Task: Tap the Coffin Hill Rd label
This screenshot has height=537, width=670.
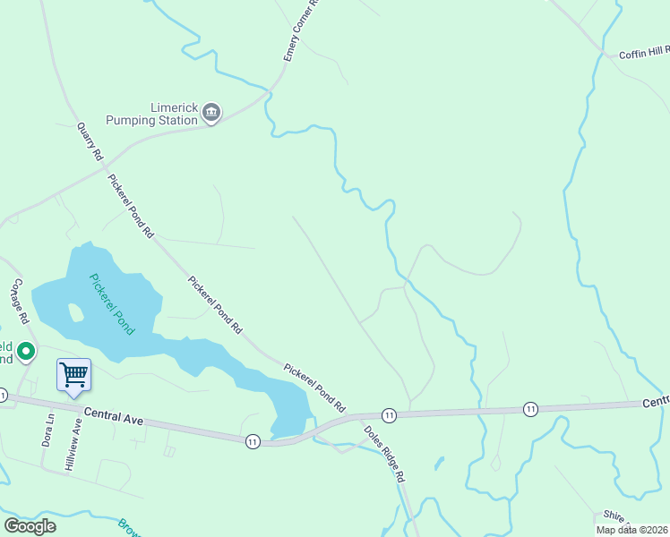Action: click(644, 54)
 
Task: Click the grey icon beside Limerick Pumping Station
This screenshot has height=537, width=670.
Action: click(211, 112)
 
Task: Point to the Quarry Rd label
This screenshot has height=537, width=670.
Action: click(90, 141)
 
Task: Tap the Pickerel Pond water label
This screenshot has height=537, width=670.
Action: click(112, 303)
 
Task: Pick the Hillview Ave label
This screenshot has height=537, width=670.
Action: click(73, 443)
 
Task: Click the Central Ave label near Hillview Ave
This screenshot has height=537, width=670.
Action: click(114, 416)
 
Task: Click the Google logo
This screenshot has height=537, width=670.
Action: click(30, 526)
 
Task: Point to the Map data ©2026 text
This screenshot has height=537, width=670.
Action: click(632, 530)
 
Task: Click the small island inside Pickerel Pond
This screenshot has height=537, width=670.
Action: click(76, 312)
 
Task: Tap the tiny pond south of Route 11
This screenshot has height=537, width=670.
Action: click(439, 464)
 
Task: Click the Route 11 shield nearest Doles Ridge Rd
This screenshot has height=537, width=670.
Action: click(389, 415)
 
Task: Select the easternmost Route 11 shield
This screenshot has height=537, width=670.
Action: click(530, 409)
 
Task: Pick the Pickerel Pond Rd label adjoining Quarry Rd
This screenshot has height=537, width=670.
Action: click(131, 205)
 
